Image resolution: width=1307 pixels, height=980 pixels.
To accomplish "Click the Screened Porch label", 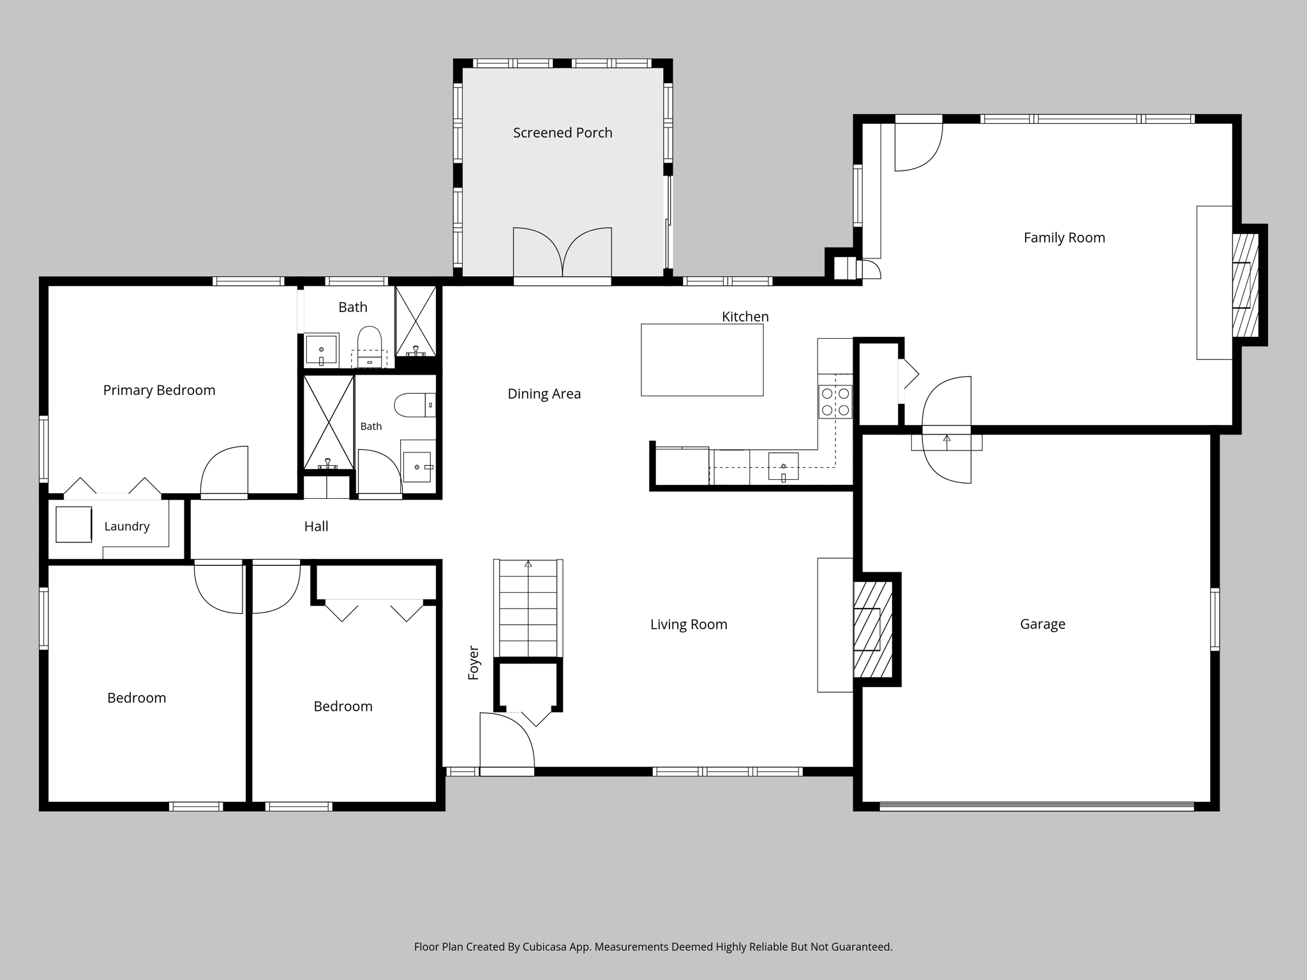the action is pos(562,133).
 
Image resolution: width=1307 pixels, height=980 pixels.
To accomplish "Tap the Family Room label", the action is pos(1064,238).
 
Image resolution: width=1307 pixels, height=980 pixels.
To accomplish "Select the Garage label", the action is pos(1042,624).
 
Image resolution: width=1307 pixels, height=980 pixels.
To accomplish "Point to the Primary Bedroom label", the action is pos(159,390).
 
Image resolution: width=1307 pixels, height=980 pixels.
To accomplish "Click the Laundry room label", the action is pos(127,526).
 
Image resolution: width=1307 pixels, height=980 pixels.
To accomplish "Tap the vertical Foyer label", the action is pos(474,662).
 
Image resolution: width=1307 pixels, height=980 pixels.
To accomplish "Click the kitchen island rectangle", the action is pos(702,360).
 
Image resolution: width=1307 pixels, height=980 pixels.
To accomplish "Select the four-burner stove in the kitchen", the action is pos(835,402).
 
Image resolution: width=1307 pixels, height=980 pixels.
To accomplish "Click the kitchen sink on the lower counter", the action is pos(783,466).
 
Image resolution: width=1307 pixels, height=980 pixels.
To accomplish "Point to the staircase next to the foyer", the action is pos(528,608).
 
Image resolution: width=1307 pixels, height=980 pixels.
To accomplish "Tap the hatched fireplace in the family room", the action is pos(1244,285).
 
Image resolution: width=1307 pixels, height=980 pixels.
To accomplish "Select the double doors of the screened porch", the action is pos(562,253).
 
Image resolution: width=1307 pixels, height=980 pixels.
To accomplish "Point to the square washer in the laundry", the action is pos(74,524).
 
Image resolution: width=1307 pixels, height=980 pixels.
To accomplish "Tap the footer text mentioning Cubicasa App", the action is pos(653,947).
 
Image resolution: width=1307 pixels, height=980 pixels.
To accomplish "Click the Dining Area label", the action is pos(544,394).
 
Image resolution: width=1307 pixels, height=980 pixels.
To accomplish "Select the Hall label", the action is pos(316,526).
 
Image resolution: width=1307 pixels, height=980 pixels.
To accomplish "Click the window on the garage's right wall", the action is pos(1214,619).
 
